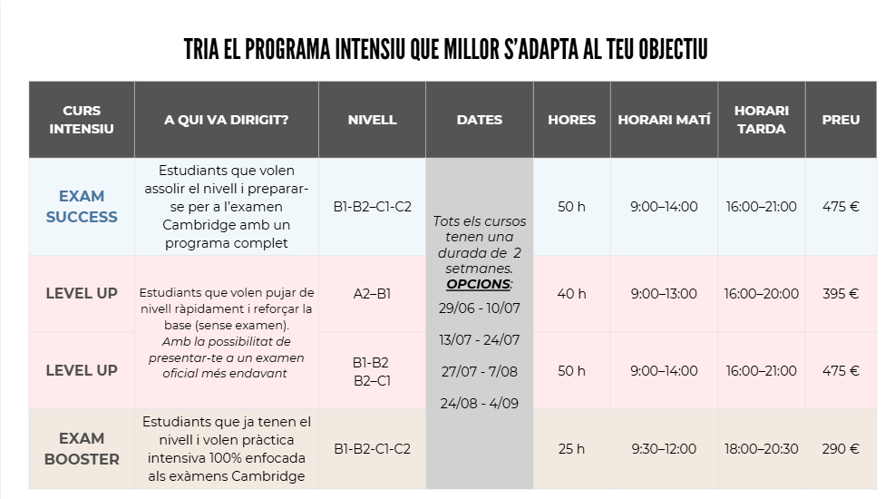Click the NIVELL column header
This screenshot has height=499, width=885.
372,120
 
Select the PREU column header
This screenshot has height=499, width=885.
841,120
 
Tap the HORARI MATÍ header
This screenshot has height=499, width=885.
664,120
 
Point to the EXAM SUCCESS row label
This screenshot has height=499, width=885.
82,206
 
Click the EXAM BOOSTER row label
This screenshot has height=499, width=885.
82,449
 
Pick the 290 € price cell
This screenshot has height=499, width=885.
841,449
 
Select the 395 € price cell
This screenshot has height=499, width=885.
841,294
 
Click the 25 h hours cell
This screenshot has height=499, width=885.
571,449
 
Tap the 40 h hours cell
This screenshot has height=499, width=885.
571,294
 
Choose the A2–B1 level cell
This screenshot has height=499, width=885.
372,294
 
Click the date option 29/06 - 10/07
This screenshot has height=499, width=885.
479,308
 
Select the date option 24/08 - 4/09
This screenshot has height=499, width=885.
479,403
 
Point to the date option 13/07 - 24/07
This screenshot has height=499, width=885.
479,340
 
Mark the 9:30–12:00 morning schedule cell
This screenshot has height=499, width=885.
664,449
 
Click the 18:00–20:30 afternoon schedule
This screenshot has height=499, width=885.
762,449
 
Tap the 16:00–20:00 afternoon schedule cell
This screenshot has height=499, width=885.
762,294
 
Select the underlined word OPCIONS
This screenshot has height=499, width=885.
479,284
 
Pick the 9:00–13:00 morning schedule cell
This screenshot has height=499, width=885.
664,294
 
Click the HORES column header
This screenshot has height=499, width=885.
571,120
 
